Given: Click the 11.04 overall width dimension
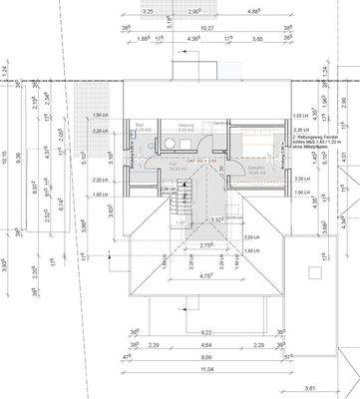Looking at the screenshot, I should (x=180, y=369).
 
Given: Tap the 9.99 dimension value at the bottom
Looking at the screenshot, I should (x=180, y=356).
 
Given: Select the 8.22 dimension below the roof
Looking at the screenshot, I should (x=179, y=332).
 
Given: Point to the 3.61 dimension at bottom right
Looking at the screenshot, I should (x=310, y=388).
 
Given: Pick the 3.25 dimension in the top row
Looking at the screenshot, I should (x=148, y=9).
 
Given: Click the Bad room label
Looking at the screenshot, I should (x=139, y=125).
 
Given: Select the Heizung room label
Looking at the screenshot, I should (x=184, y=126).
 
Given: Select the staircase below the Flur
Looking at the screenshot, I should (x=180, y=205).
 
